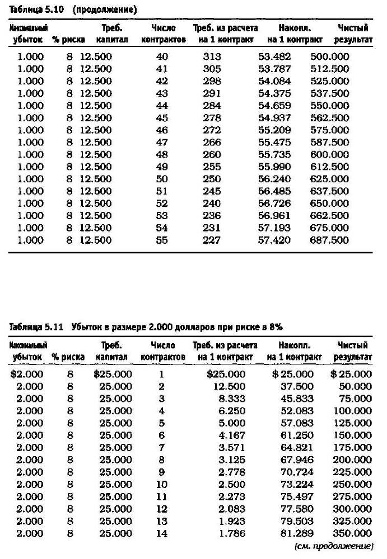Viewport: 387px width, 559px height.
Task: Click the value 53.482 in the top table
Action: pos(274,57)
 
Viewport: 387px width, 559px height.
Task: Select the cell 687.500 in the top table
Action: pos(329,240)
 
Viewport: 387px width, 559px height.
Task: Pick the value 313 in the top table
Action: pos(212,57)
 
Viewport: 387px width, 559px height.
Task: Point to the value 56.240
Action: pos(274,179)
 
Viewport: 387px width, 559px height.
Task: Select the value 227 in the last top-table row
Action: pos(212,240)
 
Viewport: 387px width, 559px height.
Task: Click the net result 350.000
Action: pos(352,533)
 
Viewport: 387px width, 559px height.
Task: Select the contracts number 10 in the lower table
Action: pos(162,484)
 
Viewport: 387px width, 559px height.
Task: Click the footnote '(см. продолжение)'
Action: pos(333,545)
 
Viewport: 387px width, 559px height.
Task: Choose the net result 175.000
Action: pos(352,448)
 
